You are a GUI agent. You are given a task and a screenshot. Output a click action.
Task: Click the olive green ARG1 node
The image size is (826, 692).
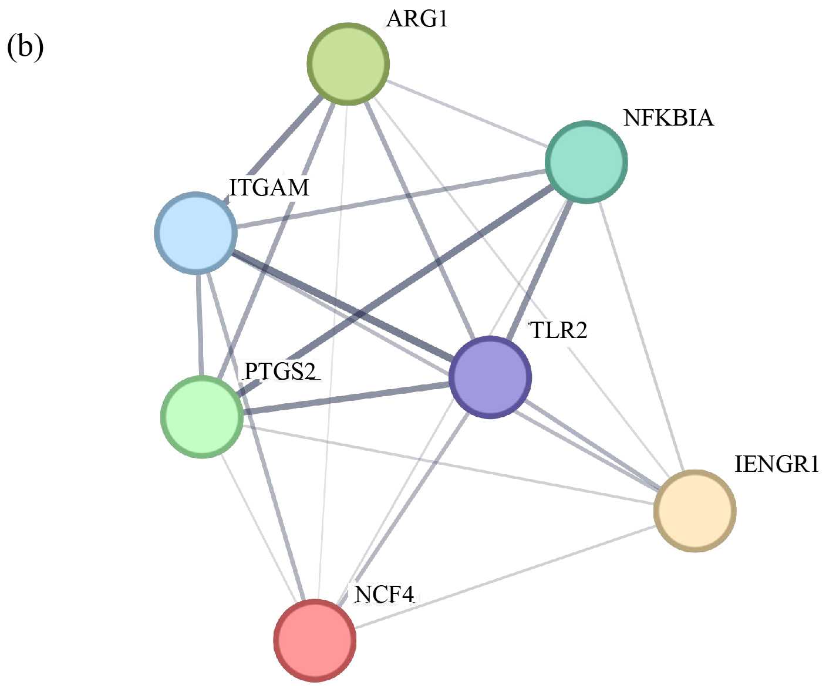point(348,63)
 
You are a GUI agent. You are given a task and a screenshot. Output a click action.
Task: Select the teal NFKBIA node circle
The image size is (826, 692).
point(586,162)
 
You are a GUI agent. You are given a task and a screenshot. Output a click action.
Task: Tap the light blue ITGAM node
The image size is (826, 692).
point(196,232)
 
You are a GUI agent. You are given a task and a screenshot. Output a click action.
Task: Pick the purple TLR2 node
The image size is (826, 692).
point(490,377)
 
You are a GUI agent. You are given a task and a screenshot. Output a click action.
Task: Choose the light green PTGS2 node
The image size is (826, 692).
point(202,416)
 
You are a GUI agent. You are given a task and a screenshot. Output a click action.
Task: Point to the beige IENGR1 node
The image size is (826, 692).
point(694,510)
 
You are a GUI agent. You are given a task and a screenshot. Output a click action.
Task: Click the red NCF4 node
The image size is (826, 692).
point(315,640)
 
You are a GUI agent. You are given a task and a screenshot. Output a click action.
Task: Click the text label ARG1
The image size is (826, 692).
point(417,19)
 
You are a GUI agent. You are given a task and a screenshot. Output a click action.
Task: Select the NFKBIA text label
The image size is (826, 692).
point(668,118)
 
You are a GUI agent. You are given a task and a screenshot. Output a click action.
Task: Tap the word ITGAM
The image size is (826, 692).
point(269,188)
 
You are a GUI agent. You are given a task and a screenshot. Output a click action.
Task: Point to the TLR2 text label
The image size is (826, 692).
point(558,330)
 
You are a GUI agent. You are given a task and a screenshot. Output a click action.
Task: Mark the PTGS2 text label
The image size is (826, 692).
point(280,371)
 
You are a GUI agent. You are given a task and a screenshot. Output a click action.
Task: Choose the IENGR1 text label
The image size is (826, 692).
point(776,464)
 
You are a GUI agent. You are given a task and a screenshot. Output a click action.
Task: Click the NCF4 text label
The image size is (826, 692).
point(384,595)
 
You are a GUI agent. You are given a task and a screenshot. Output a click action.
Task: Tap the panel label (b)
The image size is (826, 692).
point(25,47)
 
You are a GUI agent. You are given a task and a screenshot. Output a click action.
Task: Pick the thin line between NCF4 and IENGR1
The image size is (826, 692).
point(505,575)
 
